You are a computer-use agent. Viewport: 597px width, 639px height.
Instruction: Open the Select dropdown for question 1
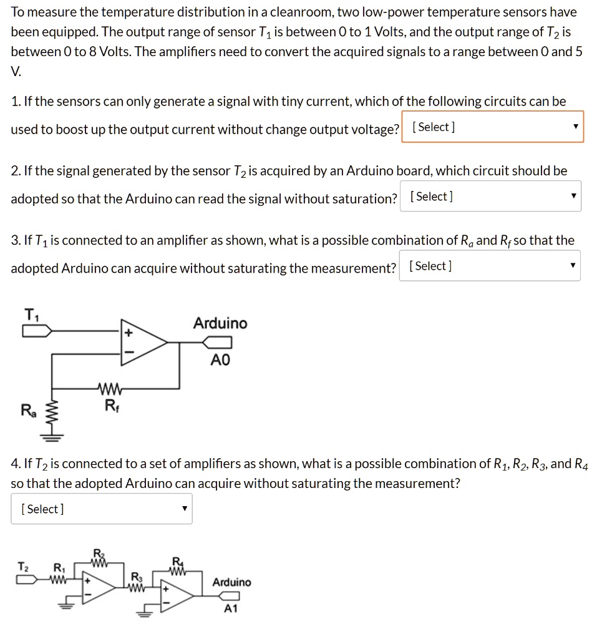492,127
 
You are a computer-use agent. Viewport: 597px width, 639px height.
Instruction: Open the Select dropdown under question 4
102,509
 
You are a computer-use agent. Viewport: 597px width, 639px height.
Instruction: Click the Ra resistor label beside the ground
28,411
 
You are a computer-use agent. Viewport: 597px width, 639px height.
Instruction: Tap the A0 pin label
220,360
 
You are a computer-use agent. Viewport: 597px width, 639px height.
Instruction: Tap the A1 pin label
231,609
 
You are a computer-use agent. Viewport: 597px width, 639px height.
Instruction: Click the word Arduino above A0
220,323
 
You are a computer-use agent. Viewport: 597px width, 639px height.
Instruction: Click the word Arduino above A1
231,582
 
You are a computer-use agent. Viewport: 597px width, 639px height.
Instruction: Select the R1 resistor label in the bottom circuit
59,568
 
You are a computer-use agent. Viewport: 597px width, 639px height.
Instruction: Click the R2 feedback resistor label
98,553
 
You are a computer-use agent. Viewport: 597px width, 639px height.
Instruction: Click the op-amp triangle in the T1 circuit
143,342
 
